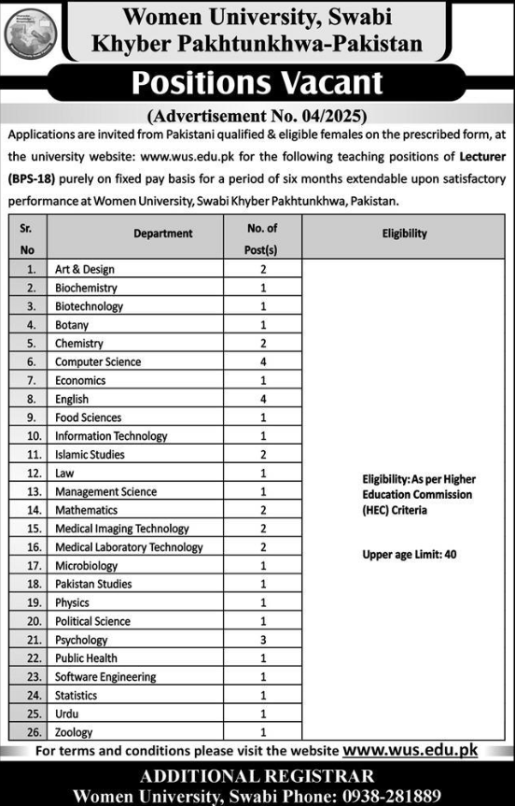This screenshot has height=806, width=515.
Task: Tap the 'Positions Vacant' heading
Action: (x=257, y=84)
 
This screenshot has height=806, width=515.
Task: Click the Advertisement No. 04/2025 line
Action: (x=257, y=117)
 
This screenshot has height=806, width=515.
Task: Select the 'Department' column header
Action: (x=162, y=233)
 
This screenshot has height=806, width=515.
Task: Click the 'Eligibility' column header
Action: (x=404, y=233)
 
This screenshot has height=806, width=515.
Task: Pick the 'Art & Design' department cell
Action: (x=85, y=269)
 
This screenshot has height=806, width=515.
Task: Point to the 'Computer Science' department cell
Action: (x=98, y=361)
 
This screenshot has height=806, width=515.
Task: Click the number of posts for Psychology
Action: (x=264, y=640)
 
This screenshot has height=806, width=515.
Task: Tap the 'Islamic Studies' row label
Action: (x=90, y=454)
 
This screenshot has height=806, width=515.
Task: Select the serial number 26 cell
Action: (x=33, y=732)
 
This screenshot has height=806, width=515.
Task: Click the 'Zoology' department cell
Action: (x=74, y=732)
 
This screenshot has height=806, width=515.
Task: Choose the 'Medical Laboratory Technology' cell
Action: (x=129, y=547)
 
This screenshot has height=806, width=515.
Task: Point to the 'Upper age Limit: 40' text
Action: (x=409, y=555)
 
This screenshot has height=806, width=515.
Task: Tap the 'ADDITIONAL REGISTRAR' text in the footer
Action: (x=257, y=775)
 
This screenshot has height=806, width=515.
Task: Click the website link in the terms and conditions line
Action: (x=411, y=749)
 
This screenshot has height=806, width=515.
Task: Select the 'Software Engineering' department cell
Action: (x=105, y=677)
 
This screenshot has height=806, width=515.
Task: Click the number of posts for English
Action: (x=264, y=399)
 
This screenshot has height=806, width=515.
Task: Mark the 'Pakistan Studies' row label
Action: (x=93, y=584)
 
